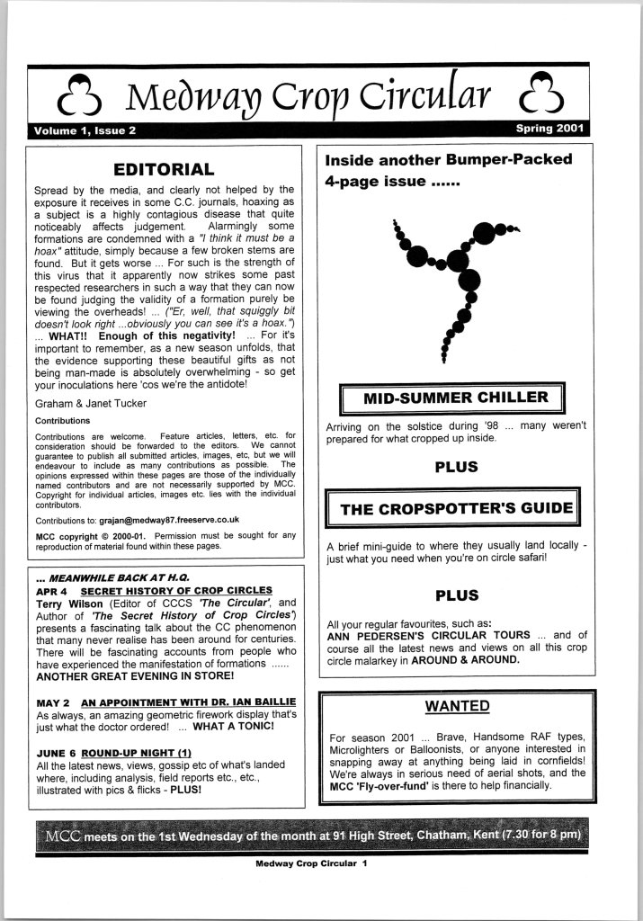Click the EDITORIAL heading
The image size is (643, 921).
[x=164, y=169]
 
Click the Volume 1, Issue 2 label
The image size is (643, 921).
[x=85, y=130]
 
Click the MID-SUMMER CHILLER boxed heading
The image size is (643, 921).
[x=454, y=398]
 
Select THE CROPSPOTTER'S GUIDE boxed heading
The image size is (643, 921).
[x=456, y=509]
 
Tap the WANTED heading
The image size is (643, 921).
[x=457, y=705]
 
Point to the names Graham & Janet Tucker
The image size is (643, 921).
[x=86, y=404]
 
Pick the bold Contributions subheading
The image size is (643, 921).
[x=62, y=420]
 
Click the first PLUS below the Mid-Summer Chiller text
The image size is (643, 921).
[x=456, y=467]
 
